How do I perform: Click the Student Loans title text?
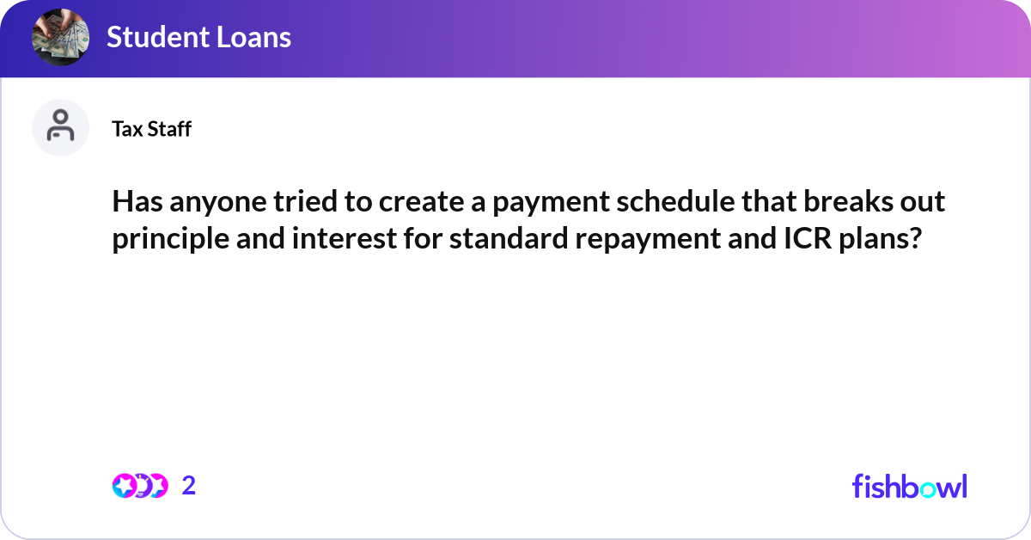(198, 37)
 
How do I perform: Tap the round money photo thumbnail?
(60, 37)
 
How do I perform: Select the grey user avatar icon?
(60, 127)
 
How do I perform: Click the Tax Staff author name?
(151, 129)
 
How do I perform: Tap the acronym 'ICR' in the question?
(797, 238)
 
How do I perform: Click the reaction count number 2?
(189, 486)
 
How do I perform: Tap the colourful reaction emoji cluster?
(140, 486)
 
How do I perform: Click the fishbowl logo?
(909, 486)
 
